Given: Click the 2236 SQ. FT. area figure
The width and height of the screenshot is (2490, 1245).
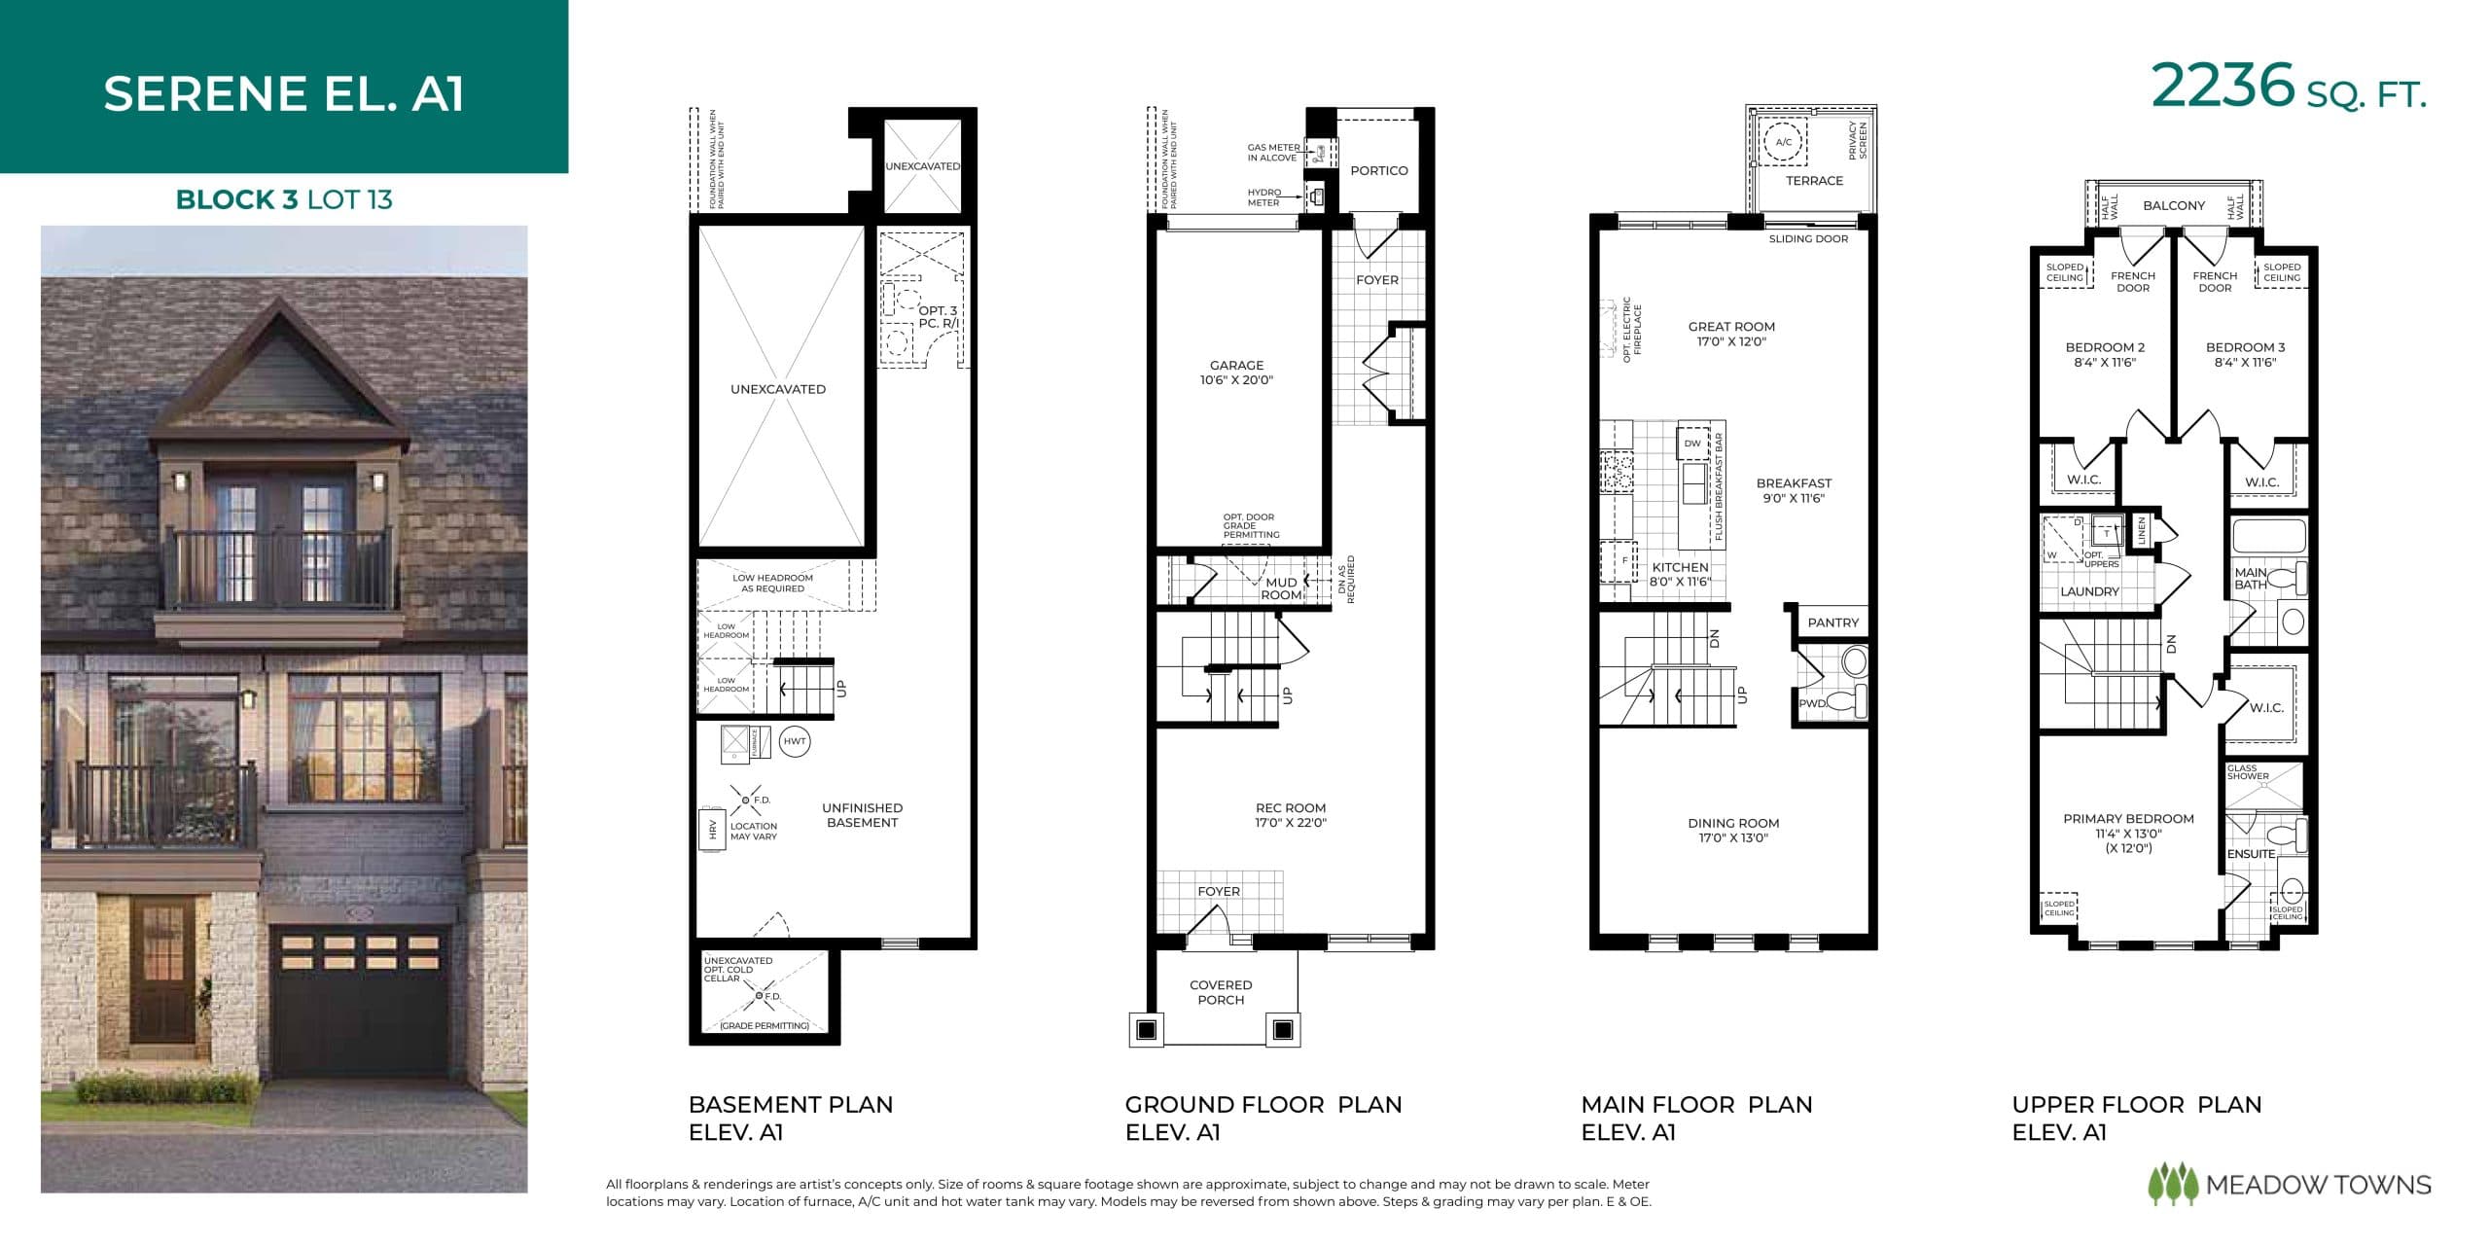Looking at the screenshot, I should (2288, 88).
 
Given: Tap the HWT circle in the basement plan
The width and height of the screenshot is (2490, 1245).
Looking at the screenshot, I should (795, 741).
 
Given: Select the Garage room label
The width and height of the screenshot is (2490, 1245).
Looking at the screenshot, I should (1236, 373).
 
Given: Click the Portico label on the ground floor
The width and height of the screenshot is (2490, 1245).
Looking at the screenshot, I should (1378, 170).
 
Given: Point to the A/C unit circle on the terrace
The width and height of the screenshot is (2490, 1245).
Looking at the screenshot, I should (1783, 142).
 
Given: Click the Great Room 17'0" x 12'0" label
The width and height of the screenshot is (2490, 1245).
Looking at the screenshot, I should (1731, 334).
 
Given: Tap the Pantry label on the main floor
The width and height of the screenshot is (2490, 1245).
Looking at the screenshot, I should (1832, 622).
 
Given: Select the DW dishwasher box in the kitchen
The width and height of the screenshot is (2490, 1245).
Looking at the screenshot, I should (1692, 444).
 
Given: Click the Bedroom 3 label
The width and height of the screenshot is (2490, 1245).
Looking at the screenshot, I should (2245, 354).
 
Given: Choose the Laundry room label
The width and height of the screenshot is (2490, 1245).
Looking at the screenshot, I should (2089, 591).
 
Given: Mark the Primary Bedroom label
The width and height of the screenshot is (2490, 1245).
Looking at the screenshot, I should (2128, 833).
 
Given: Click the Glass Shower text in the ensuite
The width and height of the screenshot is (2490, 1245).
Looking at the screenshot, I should (2248, 772).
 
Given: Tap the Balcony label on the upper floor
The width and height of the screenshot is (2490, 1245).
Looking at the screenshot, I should (2174, 205).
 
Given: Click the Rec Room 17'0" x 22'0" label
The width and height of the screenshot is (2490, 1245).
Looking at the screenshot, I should (1290, 815).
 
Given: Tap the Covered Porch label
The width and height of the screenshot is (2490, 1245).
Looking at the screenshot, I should (1221, 992).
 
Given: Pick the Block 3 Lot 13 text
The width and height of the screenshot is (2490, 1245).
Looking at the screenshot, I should (284, 199).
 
